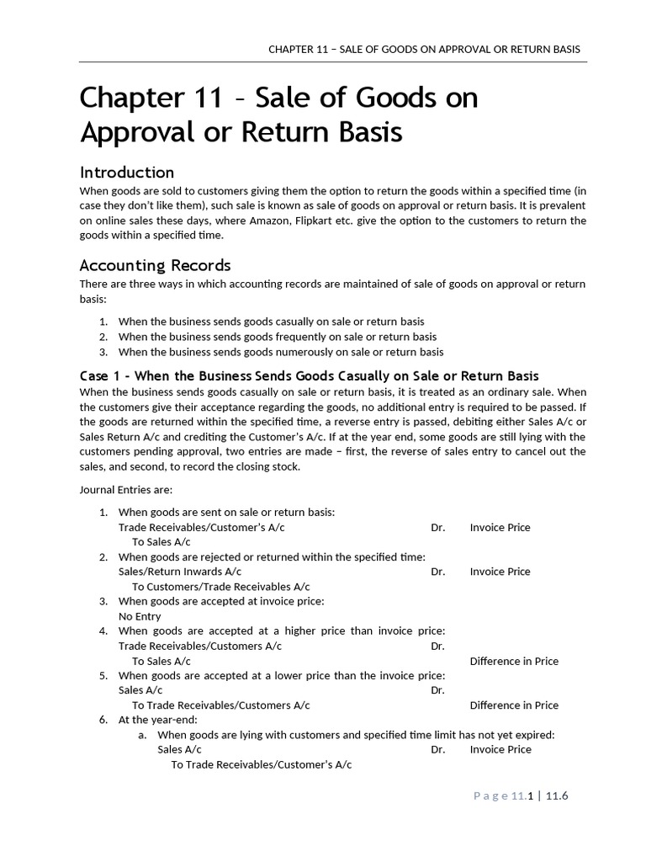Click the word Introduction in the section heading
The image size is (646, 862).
(x=126, y=173)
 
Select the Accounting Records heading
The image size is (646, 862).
(x=155, y=265)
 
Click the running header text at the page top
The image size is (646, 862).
(x=424, y=49)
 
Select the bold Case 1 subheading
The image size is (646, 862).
(x=309, y=375)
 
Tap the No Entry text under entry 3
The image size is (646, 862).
(x=140, y=616)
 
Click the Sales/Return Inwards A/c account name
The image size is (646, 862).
(x=181, y=571)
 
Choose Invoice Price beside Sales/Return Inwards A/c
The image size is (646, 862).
(x=500, y=571)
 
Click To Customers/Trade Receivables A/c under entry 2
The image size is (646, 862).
(x=220, y=586)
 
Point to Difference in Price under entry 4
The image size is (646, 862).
(x=513, y=661)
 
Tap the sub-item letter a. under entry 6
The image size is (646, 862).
(x=143, y=735)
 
